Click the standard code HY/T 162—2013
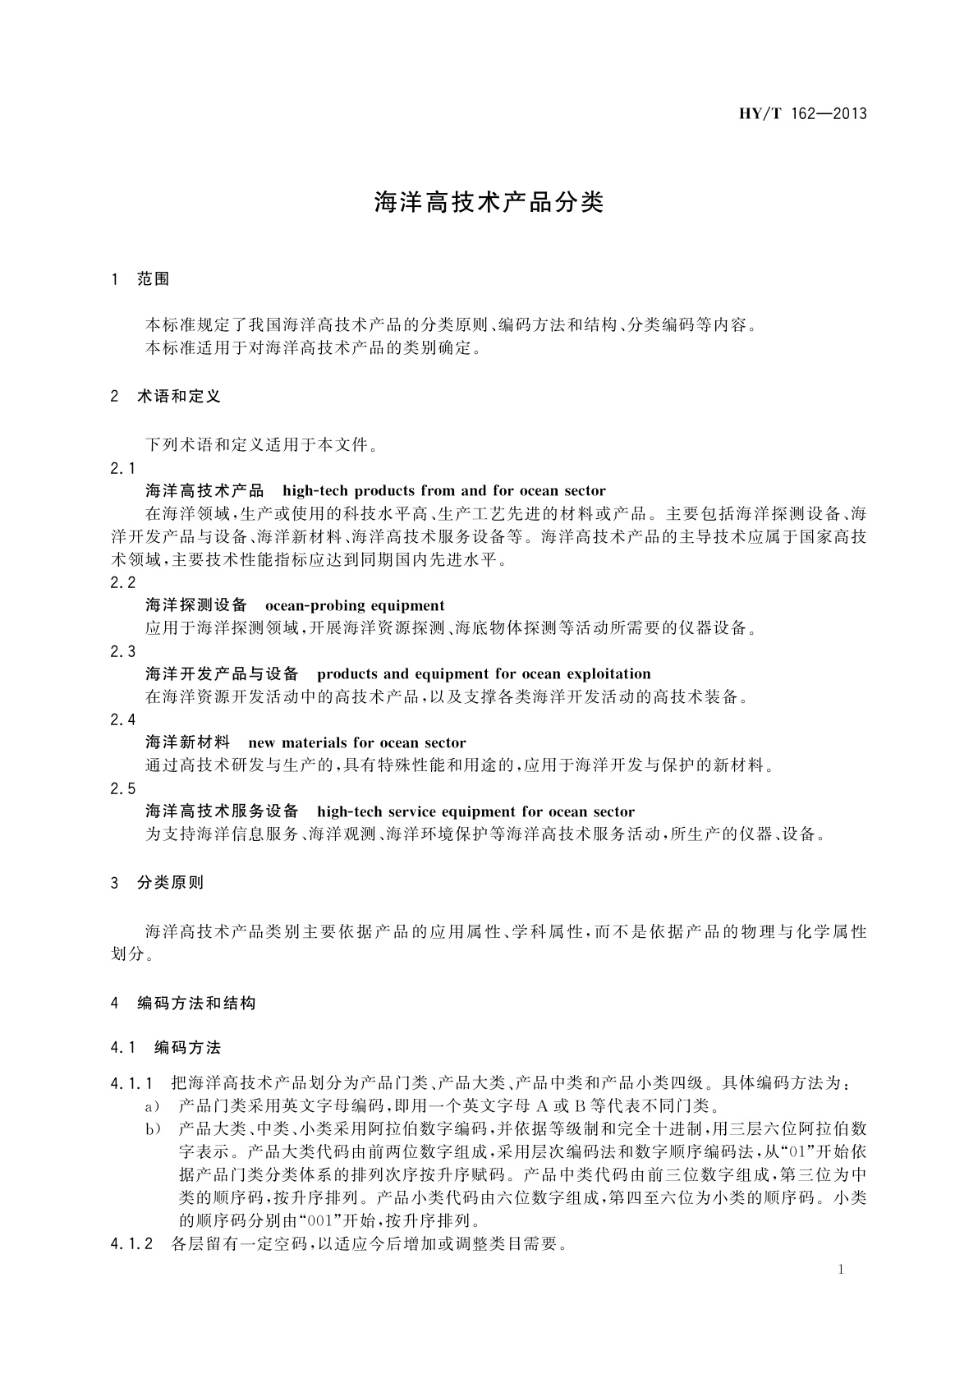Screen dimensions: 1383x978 [802, 113]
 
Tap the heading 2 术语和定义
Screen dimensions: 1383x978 [165, 397]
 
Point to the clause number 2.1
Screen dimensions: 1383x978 [123, 468]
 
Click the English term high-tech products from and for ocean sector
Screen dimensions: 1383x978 [443, 491]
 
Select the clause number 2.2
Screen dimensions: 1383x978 [123, 582]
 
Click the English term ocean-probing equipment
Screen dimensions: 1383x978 [355, 606]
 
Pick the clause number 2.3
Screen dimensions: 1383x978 [123, 651]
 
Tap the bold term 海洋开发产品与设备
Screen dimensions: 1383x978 [222, 674]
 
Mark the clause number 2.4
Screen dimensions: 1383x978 [123, 719]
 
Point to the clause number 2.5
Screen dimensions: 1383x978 [123, 788]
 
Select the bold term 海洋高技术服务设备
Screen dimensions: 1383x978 [222, 811]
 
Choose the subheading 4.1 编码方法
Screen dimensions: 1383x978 [165, 1048]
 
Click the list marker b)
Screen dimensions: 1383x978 [153, 1129]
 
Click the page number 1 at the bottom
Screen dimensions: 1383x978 [841, 1270]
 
